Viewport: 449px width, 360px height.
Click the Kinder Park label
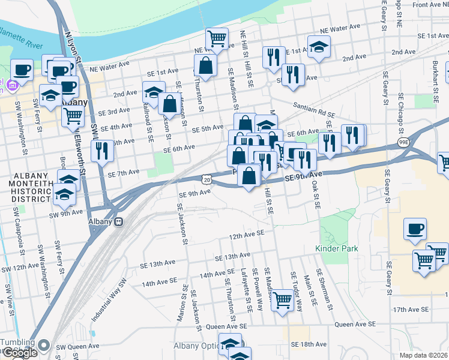tap(337, 248)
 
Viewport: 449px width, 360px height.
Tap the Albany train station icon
tap(119, 221)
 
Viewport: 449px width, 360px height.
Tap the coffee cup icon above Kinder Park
tap(415, 229)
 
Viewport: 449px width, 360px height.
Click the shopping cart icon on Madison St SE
tap(282, 300)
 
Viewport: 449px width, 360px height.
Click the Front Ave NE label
tap(427, 5)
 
